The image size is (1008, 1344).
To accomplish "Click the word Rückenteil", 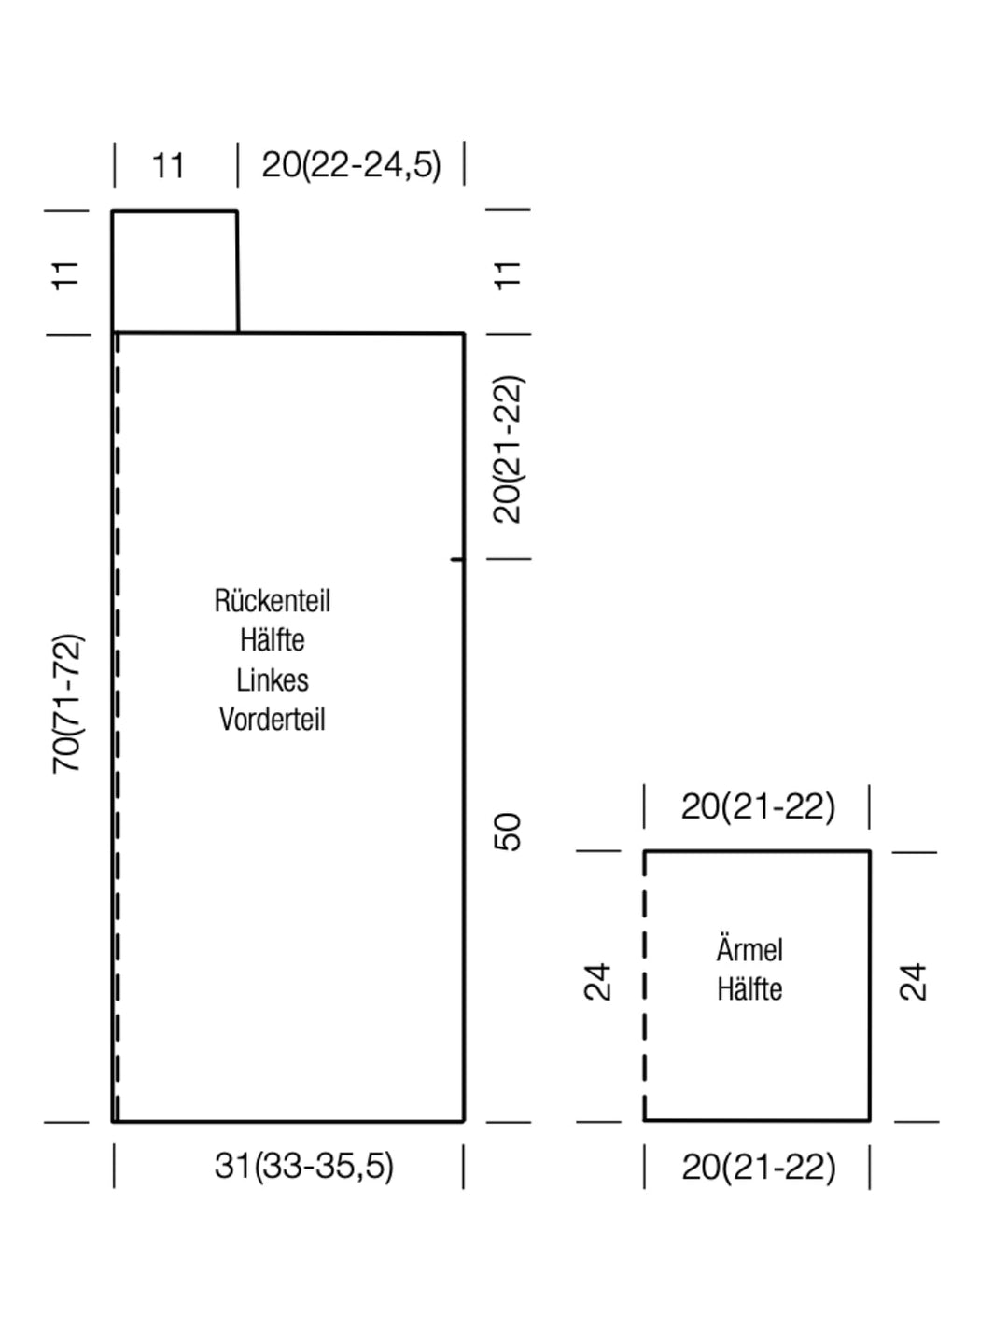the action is [x=272, y=601].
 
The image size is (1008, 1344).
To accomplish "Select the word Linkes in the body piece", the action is [x=273, y=680].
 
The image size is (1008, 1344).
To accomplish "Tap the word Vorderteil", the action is [x=273, y=720].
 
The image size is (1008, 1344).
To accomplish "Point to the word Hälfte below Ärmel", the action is [x=749, y=989].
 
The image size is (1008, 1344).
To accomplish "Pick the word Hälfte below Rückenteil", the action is [x=273, y=640].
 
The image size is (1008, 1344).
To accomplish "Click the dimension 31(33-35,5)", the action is [x=303, y=1167].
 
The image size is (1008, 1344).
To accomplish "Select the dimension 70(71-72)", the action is [x=66, y=705].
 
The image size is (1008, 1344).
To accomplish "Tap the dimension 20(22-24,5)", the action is [x=351, y=165].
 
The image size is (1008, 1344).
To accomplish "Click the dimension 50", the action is [x=507, y=832].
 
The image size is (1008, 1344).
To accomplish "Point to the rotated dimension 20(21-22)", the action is [x=508, y=450].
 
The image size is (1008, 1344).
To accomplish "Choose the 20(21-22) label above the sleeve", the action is [x=758, y=806].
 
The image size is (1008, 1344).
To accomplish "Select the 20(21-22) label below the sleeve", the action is [x=758, y=1167].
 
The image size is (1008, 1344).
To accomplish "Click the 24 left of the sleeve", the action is [x=597, y=982].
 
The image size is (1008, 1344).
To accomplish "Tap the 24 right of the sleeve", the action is [x=913, y=982].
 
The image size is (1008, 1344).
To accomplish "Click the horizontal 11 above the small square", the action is [x=168, y=166].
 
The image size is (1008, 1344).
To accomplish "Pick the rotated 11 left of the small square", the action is [x=66, y=276].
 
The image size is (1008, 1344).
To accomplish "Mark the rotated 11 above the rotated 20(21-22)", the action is [x=508, y=276].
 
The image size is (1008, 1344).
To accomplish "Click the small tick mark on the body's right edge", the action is [x=456, y=559].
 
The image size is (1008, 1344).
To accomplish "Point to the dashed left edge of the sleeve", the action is [x=644, y=986].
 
